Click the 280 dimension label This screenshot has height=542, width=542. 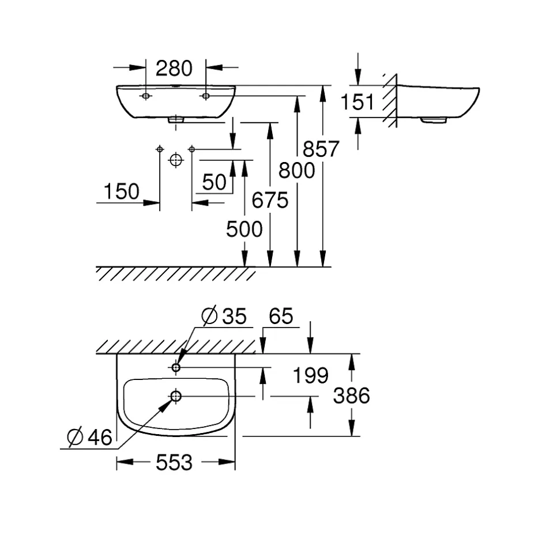(174, 69)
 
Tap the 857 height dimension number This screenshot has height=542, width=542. (321, 149)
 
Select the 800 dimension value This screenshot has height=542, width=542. (296, 171)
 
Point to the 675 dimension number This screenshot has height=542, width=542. (270, 200)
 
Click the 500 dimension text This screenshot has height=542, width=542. (244, 229)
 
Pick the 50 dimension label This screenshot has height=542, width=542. (214, 182)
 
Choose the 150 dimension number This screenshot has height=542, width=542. (121, 191)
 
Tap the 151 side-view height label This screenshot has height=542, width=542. (357, 102)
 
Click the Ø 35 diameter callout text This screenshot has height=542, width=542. (224, 315)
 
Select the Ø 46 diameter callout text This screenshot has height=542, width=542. (89, 437)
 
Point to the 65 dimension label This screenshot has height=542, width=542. (281, 316)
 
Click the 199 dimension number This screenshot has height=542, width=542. (310, 375)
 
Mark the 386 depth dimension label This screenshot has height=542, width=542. (352, 396)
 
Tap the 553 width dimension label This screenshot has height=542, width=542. (174, 462)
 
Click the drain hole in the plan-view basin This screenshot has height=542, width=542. (176, 396)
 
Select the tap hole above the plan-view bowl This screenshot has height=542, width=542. (176, 367)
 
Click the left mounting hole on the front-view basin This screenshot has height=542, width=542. (145, 96)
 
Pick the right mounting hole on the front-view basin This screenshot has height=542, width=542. (206, 96)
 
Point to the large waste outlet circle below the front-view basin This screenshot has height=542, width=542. (176, 160)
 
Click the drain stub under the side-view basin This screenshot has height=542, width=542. (434, 121)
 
